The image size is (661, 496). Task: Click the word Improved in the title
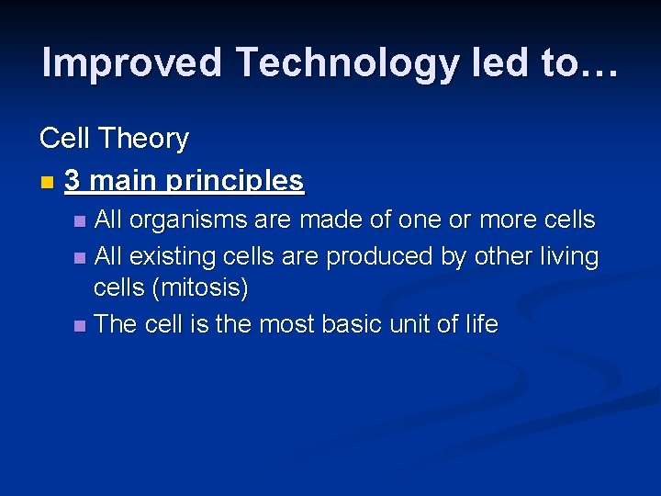click(x=132, y=63)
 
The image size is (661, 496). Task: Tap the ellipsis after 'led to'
click(x=597, y=66)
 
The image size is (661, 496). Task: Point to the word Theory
click(x=143, y=139)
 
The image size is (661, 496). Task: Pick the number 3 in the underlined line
click(x=73, y=181)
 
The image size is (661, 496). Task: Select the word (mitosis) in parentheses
click(x=200, y=288)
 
